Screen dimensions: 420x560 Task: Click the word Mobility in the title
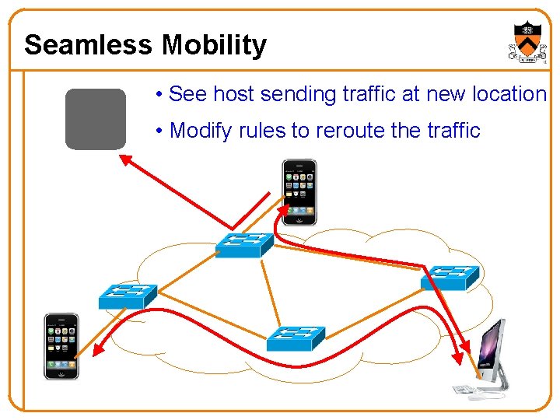pos(214,45)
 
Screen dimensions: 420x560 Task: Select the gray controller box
pos(95,119)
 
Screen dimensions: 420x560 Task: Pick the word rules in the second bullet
pos(263,131)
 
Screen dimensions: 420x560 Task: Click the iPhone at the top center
pos(299,192)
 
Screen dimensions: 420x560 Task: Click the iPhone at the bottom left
pos(61,346)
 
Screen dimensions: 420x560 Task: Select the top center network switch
pos(244,245)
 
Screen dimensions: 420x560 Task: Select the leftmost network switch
pos(128,296)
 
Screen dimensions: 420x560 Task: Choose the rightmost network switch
pos(450,276)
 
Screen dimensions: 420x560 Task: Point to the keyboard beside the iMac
pos(465,390)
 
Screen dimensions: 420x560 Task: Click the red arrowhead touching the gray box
pos(124,159)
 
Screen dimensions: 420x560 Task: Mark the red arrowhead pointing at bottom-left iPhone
pos(98,351)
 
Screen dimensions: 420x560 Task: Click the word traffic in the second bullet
pos(453,131)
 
